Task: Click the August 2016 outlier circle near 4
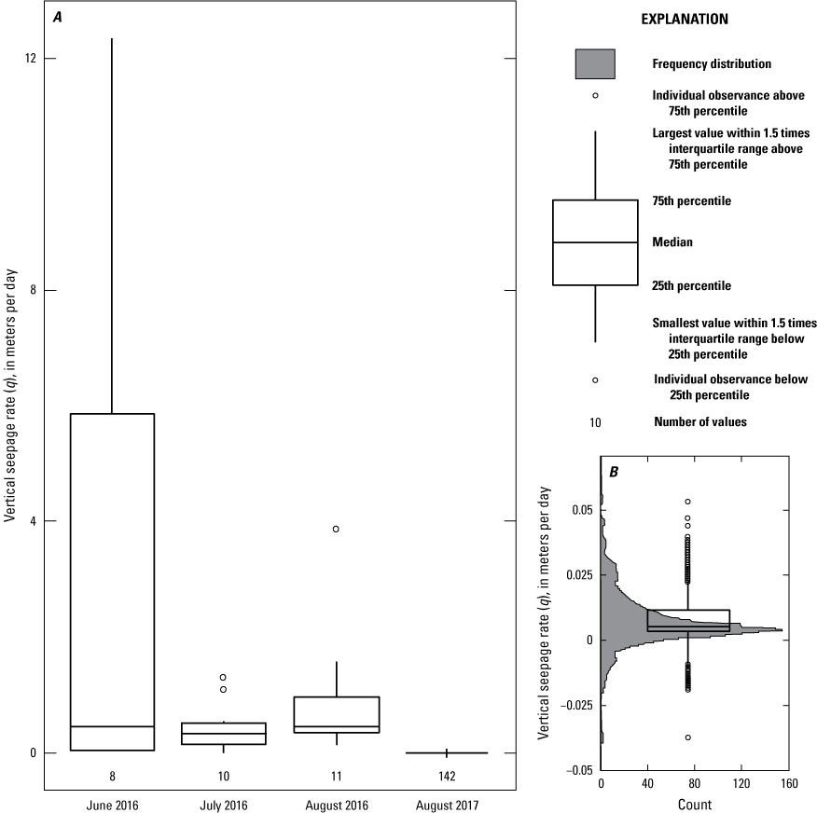[336, 530]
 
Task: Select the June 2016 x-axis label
[113, 806]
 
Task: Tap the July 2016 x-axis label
[224, 806]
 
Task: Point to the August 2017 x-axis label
[447, 806]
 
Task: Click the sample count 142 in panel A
[447, 776]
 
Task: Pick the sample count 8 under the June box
[112, 776]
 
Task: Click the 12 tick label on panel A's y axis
[31, 59]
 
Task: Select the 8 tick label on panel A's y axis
[34, 290]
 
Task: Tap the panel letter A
[57, 17]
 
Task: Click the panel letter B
[614, 472]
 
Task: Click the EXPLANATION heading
[685, 20]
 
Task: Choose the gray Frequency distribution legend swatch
[595, 64]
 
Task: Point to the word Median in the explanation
[672, 242]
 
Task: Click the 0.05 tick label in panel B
[583, 510]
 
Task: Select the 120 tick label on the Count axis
[741, 783]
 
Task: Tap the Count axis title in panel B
[695, 805]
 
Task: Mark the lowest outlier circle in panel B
[687, 737]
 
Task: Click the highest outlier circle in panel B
[687, 502]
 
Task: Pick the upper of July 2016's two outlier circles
[223, 677]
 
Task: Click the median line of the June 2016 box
[112, 726]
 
